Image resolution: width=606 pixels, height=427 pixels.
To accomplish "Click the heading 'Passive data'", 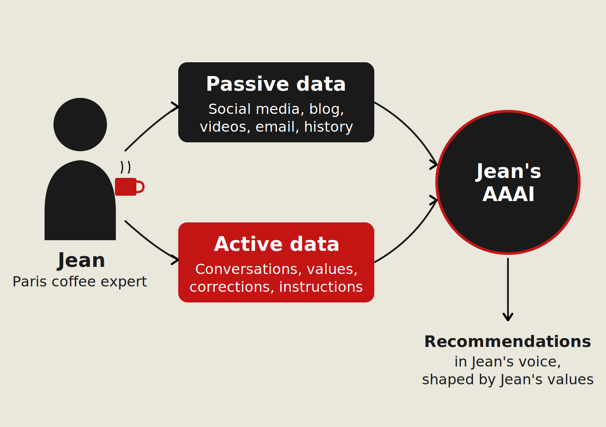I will pos(276,84).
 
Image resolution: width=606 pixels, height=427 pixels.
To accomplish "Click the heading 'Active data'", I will pos(276,244).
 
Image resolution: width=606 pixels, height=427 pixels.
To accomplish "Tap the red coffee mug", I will pos(125,187).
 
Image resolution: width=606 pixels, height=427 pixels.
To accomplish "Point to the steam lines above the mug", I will pos(126,167).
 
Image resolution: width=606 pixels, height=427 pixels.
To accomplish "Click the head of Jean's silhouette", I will pos(80,125).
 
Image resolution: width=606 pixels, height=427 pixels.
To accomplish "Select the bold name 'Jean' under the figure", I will pos(82,260).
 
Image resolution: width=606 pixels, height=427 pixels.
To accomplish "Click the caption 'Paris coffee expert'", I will pos(80,282).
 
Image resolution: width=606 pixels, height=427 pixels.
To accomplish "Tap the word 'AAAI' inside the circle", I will pos(508,194).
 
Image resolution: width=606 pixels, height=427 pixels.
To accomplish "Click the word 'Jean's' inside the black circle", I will pos(508,171).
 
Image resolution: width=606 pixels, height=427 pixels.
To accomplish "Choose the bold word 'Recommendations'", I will pos(508,342).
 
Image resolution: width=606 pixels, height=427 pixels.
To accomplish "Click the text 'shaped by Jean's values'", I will pos(508,379).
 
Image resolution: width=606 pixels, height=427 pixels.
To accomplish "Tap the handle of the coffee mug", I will pos(141,187).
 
